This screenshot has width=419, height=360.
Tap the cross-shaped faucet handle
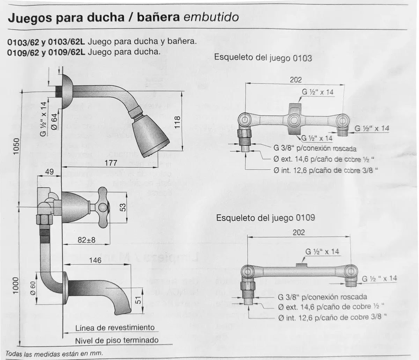(x=103, y=207)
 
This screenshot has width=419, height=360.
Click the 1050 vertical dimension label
(x=16, y=146)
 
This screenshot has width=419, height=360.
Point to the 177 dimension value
(x=111, y=163)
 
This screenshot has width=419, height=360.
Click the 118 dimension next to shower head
(x=177, y=122)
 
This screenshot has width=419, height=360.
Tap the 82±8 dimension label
(x=86, y=240)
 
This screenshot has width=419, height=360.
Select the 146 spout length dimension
(x=95, y=260)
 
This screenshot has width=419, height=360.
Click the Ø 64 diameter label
(x=54, y=122)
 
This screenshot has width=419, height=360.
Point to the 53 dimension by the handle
(x=123, y=207)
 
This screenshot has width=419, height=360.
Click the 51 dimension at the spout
(x=138, y=300)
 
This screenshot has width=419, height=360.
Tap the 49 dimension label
(x=49, y=172)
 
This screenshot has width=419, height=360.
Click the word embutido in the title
(x=211, y=17)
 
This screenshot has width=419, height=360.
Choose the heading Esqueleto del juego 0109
(x=266, y=218)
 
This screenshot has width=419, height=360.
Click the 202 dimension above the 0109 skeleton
(x=299, y=232)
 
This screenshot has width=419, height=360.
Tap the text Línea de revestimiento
(x=115, y=328)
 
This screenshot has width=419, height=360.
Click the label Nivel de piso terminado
(x=117, y=340)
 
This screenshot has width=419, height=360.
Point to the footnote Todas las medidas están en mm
(x=54, y=353)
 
